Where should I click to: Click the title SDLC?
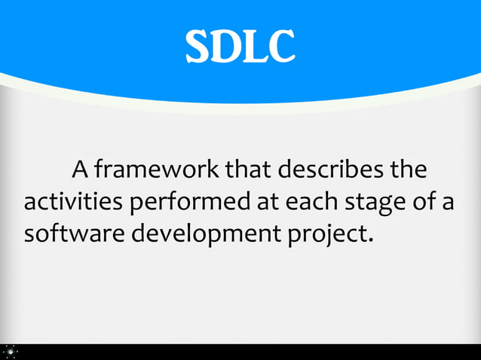click(x=240, y=47)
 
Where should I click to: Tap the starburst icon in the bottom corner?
click(x=11, y=351)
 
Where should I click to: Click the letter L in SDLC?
click(x=254, y=47)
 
